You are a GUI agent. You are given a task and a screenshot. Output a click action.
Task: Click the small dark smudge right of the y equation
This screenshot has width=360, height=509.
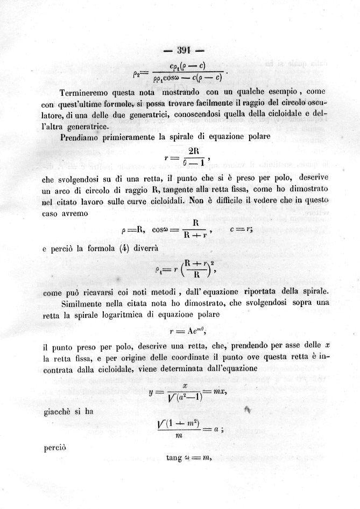tap(248, 411)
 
